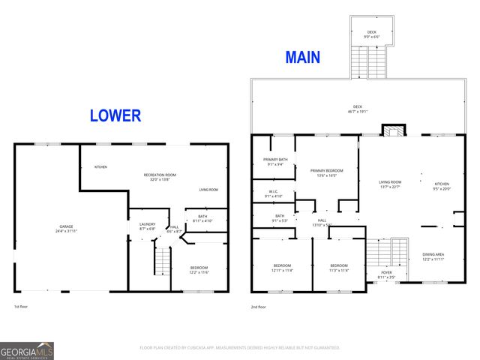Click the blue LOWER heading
click(x=115, y=115)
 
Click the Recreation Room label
click(x=160, y=177)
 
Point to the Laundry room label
click(x=146, y=225)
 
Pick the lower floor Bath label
click(x=202, y=219)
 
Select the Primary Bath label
click(x=273, y=162)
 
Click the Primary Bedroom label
click(x=325, y=172)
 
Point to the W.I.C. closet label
click(x=273, y=193)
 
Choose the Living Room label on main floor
click(x=390, y=184)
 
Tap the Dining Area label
click(x=432, y=256)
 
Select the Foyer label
click(x=387, y=274)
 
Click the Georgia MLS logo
click(x=27, y=351)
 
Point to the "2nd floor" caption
click(x=259, y=307)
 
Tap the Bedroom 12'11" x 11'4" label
click(x=282, y=268)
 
